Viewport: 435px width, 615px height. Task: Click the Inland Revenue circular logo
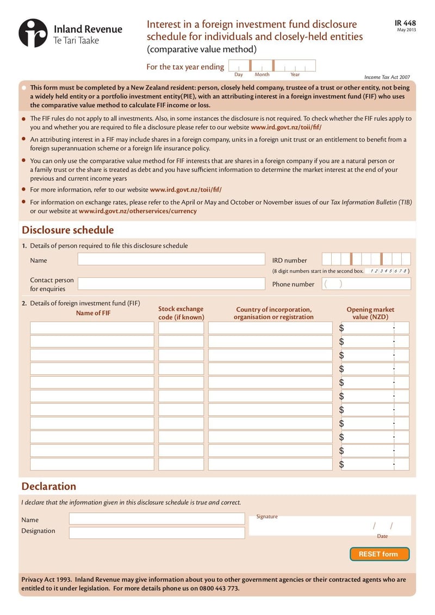pyautogui.click(x=33, y=33)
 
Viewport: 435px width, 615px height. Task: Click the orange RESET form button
pyautogui.click(x=379, y=554)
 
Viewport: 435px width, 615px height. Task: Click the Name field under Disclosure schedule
pyautogui.click(x=171, y=260)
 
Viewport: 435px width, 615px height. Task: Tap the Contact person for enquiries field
pyautogui.click(x=171, y=284)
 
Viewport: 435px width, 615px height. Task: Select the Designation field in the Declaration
pyautogui.click(x=157, y=532)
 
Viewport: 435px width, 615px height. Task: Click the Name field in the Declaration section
pyautogui.click(x=157, y=519)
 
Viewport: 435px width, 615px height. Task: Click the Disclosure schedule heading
pyautogui.click(x=67, y=230)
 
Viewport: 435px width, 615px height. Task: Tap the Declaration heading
pyautogui.click(x=48, y=486)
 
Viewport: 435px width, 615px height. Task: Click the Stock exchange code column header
pyautogui.click(x=181, y=313)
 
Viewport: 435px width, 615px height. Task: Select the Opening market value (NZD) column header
pyautogui.click(x=370, y=313)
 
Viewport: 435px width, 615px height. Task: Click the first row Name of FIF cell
pyautogui.click(x=92, y=328)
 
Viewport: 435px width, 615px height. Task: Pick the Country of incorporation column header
pyautogui.click(x=274, y=313)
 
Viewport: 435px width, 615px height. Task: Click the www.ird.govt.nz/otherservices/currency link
pyautogui.click(x=138, y=211)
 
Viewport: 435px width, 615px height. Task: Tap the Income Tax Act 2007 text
pyautogui.click(x=387, y=77)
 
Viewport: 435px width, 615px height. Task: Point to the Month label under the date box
pyautogui.click(x=262, y=75)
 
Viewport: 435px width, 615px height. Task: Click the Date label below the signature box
pyautogui.click(x=382, y=536)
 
